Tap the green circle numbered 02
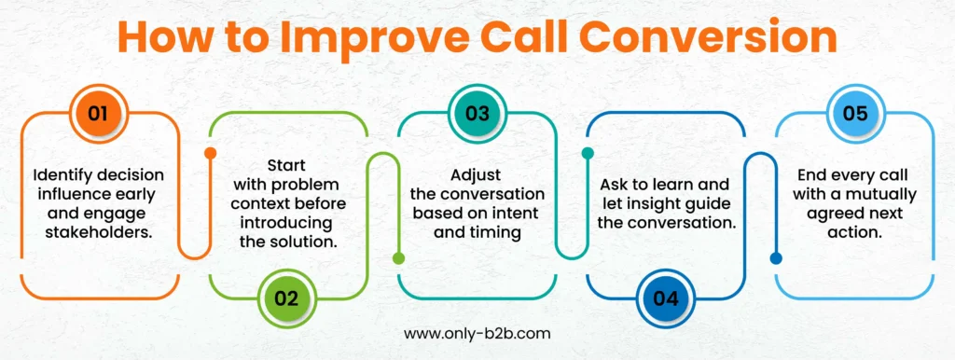point(285,298)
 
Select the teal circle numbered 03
point(477,114)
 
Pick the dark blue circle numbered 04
point(666,298)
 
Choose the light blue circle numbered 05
point(855,114)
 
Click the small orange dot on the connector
point(210,153)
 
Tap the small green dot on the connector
point(401,258)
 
